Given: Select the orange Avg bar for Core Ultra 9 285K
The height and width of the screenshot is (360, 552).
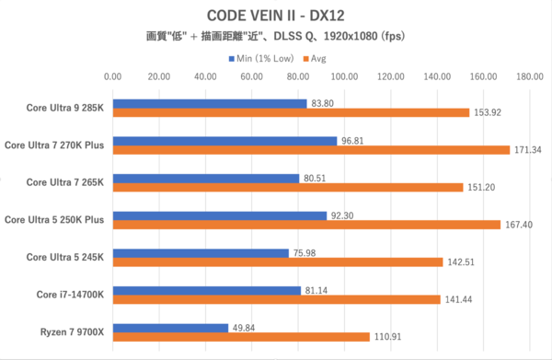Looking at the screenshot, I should click(x=290, y=113).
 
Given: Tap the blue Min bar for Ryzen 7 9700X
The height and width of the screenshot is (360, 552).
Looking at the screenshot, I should click(x=170, y=326).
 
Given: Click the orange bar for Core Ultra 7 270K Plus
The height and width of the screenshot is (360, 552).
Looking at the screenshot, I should click(x=310, y=149).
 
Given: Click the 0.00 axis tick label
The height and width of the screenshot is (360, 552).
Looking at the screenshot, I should click(x=113, y=78).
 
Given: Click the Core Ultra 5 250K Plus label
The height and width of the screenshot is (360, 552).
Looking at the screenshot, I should click(x=54, y=219).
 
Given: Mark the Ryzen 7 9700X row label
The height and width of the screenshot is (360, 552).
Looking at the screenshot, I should click(x=71, y=331).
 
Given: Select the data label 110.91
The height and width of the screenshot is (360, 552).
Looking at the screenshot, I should click(x=388, y=336).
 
